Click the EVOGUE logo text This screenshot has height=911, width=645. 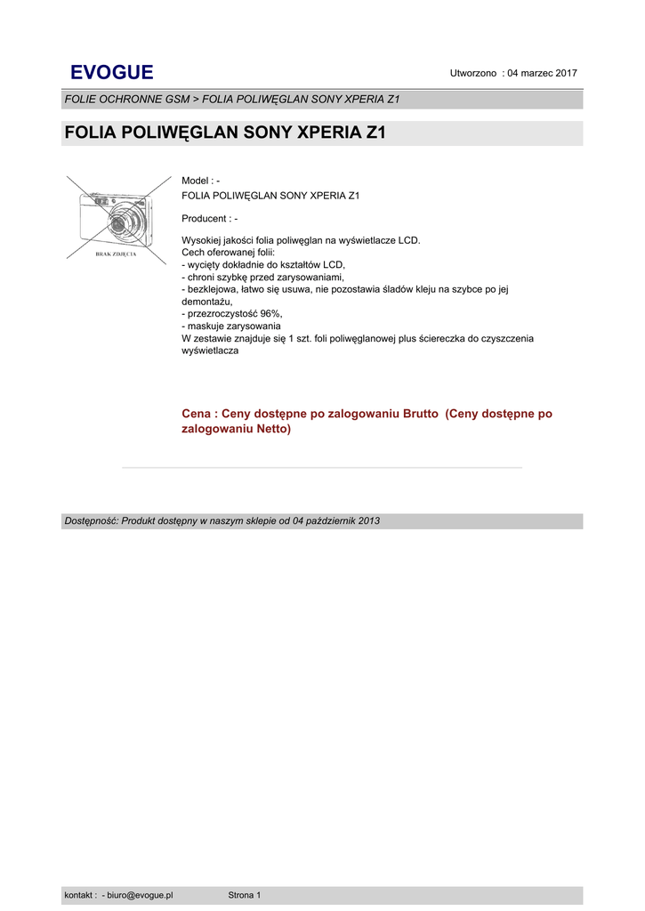pos(111,72)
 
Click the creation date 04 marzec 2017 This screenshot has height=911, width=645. pos(542,72)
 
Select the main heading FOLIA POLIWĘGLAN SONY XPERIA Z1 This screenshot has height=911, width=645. pos(225,134)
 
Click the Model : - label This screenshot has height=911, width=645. pos(200,181)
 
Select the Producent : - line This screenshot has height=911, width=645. pos(209,219)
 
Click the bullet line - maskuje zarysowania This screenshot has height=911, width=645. pos(231,327)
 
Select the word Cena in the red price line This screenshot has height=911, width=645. pos(197,414)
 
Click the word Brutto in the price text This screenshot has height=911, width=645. pos(421,414)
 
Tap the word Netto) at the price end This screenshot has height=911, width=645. pos(272,429)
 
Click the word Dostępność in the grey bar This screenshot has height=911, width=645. pos(90,520)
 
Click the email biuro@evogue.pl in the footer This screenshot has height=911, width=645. pos(140,895)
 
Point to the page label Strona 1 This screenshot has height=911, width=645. pos(245,895)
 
